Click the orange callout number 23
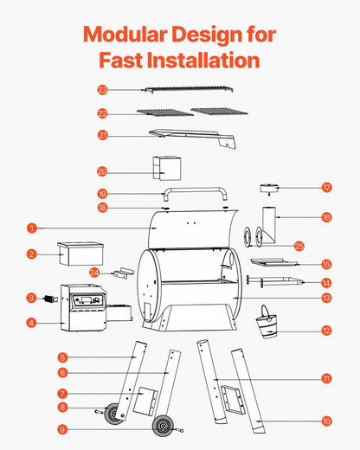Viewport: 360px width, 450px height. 102,90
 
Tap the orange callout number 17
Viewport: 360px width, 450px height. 326,188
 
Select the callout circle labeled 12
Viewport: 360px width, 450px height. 326,331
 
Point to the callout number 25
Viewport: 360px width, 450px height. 299,246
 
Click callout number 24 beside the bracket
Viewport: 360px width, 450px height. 94,273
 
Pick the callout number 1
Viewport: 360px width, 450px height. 32,228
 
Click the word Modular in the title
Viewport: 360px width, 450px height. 125,35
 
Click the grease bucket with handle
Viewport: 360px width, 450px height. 267,322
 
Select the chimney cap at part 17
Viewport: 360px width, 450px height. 269,189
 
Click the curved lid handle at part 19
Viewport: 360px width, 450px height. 196,193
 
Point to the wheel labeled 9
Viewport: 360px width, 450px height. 162,426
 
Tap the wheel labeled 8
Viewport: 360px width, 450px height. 113,414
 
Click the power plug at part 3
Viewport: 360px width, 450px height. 50,299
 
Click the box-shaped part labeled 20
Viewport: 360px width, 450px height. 167,168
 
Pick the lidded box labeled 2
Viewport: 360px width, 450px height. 80,254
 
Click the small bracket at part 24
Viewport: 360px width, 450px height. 124,273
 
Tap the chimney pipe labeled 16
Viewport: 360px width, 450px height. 268,225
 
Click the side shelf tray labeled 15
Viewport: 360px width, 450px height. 273,262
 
